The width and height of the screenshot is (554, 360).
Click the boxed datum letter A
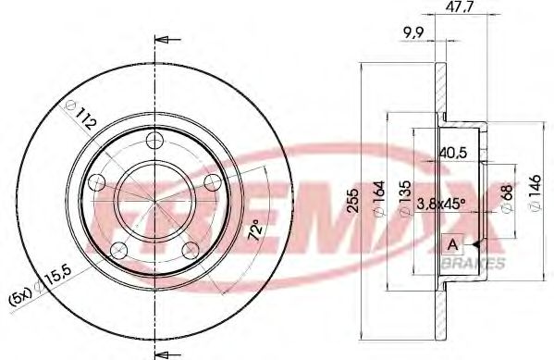452,244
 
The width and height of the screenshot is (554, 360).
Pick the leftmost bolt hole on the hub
95,182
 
